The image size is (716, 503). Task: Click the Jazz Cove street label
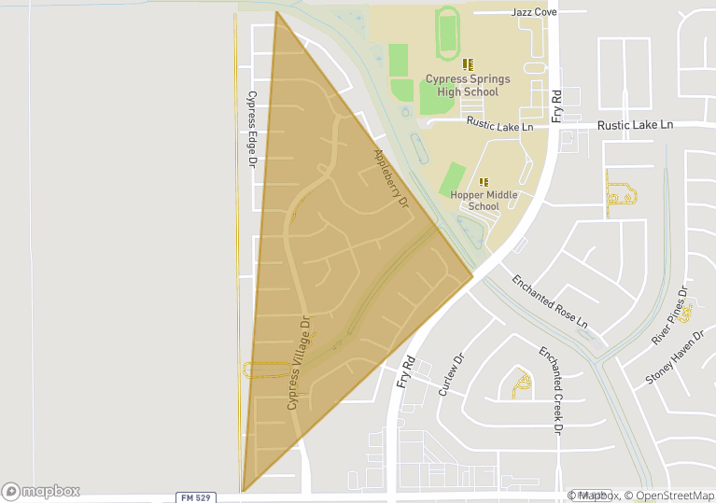tap(535, 12)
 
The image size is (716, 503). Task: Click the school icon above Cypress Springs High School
tap(468, 64)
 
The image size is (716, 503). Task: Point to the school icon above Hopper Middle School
tap(484, 181)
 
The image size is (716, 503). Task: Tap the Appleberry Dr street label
tap(391, 177)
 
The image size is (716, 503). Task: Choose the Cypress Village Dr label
tap(299, 363)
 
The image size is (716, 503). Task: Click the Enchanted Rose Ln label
tap(549, 301)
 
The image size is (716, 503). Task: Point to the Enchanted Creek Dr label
tap(550, 390)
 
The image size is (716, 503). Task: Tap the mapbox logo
tap(41, 491)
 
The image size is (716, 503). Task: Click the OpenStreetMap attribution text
tap(669, 496)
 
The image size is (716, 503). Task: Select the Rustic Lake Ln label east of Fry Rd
tap(635, 124)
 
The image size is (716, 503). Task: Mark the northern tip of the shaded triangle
tap(277, 12)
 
